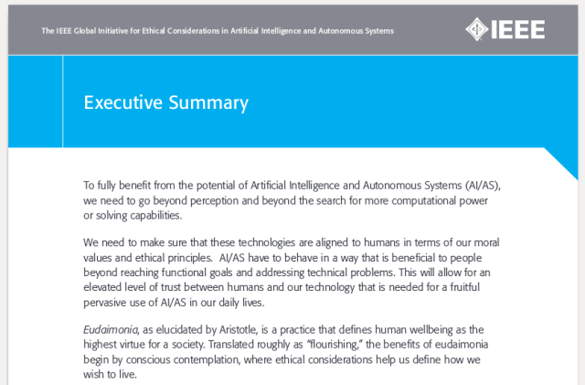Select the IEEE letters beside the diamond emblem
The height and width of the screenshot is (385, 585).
[x=520, y=28]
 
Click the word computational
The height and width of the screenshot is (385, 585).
[x=409, y=200]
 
